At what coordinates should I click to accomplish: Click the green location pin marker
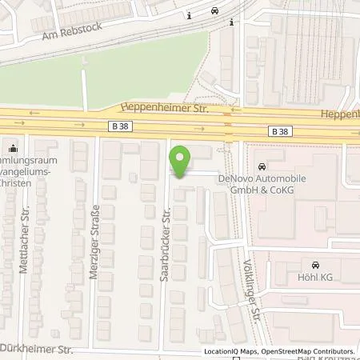[x=182, y=163]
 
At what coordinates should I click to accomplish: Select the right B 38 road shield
[x=279, y=130]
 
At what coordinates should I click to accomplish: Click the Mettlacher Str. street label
[x=24, y=247]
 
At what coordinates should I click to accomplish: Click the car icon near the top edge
[x=214, y=11]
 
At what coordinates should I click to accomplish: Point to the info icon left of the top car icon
[x=188, y=14]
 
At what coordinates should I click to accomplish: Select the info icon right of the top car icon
[x=230, y=22]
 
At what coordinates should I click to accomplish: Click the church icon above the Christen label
[x=12, y=147]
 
